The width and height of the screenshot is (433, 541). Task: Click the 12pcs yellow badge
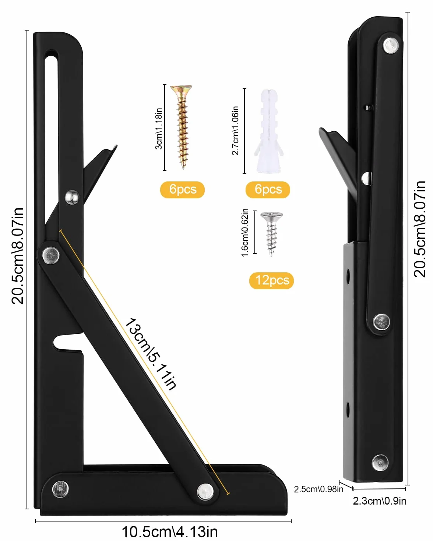coord(271,280)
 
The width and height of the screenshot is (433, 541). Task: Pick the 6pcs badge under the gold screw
coord(182,190)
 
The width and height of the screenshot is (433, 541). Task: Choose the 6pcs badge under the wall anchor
coord(268,190)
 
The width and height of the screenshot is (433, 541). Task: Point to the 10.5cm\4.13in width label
coord(170,532)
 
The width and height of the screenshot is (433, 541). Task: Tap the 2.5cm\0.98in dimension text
coord(318,489)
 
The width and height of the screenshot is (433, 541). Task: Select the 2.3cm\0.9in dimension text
coord(380,501)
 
